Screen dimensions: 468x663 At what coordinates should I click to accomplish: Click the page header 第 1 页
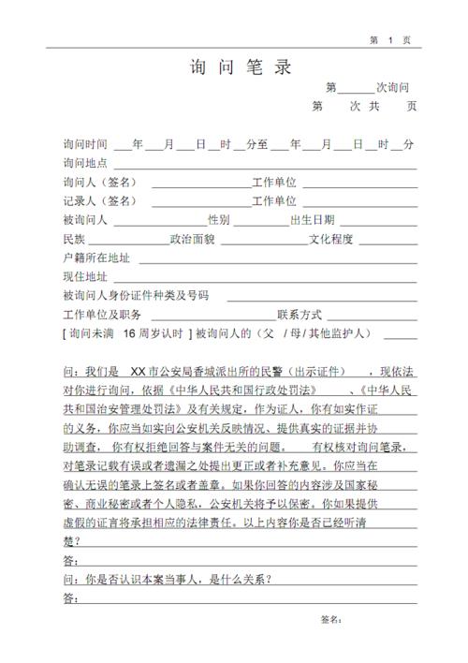[x=390, y=39]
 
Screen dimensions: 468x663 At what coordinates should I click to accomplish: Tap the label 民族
[x=73, y=239]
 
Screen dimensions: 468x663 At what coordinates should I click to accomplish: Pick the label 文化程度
[x=331, y=239]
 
